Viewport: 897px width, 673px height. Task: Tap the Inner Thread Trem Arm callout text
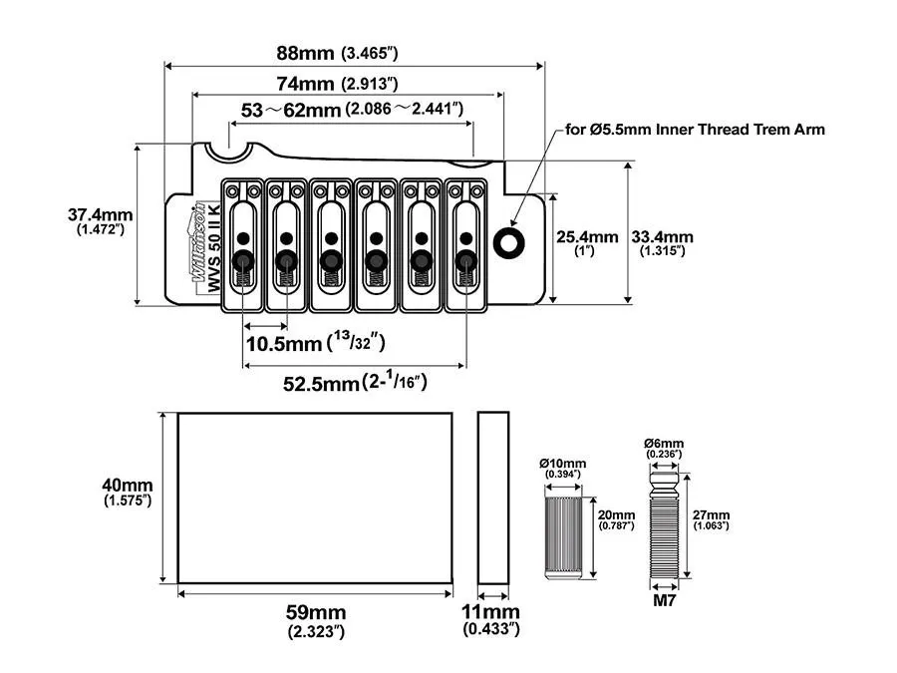coord(695,130)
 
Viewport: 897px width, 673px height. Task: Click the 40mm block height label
coord(128,492)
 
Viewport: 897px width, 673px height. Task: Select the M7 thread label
coord(663,602)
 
